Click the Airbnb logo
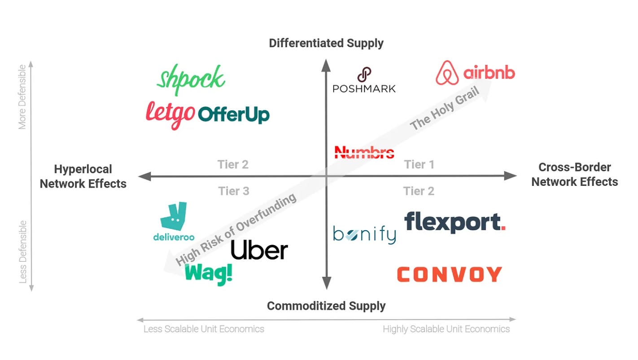coord(476,73)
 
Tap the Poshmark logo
coord(364,80)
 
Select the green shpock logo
coord(191,79)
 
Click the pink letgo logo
coord(170,115)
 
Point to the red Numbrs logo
coord(364,152)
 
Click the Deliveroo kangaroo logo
coord(174,221)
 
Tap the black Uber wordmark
coord(259,250)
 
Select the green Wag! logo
coord(209,274)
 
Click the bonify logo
coord(365,235)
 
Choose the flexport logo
coord(455,222)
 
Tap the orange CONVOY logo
coord(450,274)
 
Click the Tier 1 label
coord(419,164)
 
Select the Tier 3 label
coord(234,191)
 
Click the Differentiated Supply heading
coord(326,44)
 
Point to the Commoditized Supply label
coord(326,306)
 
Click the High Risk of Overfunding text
coord(236,229)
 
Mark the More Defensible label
coord(22,97)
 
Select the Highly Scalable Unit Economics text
coord(446,329)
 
